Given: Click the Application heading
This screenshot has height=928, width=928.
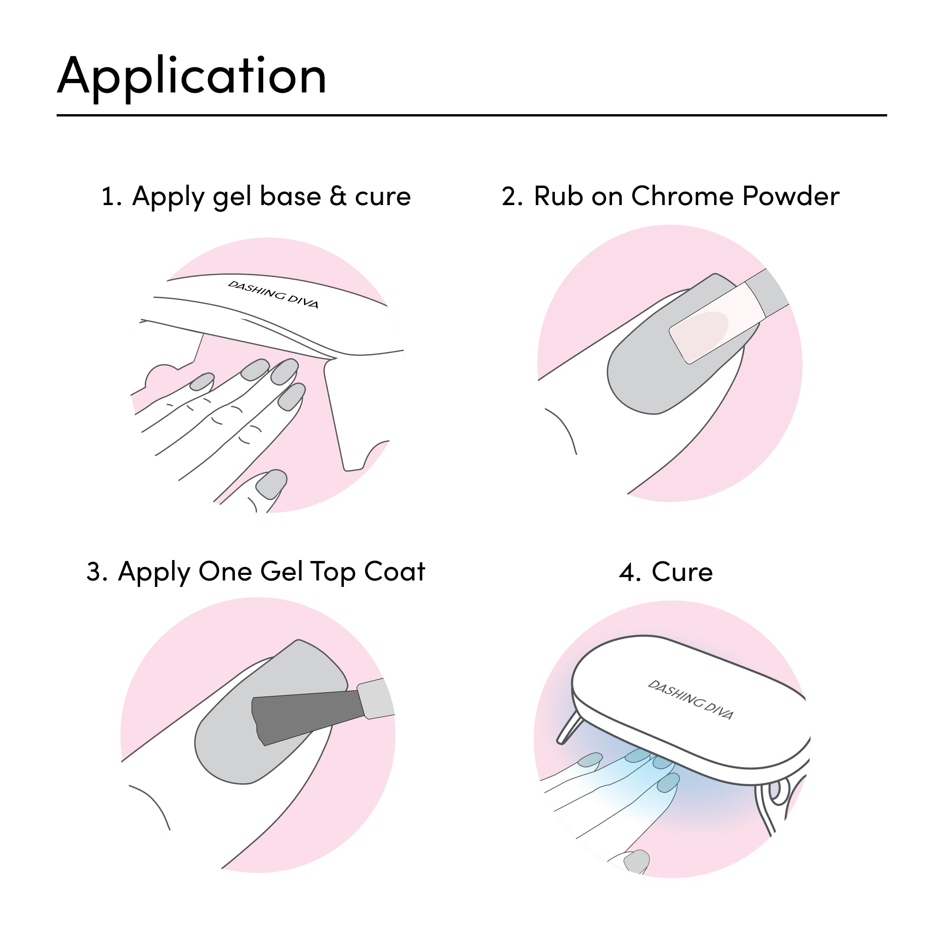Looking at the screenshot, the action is (x=192, y=77).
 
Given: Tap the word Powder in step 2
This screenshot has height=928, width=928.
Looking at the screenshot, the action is (x=792, y=196).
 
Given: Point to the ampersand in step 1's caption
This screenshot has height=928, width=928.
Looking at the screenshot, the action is (x=338, y=196).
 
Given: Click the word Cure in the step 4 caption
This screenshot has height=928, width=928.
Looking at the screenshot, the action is (x=682, y=572).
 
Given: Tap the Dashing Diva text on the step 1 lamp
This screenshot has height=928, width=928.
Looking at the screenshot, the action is (x=273, y=294).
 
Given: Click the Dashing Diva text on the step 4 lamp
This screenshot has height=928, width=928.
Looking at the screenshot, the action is (x=691, y=700).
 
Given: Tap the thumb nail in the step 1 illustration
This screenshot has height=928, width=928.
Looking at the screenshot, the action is (x=271, y=483).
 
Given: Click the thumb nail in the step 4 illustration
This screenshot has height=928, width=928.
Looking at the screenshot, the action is (x=637, y=862).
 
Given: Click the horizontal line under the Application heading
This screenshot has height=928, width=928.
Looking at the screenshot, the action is (x=472, y=115).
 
